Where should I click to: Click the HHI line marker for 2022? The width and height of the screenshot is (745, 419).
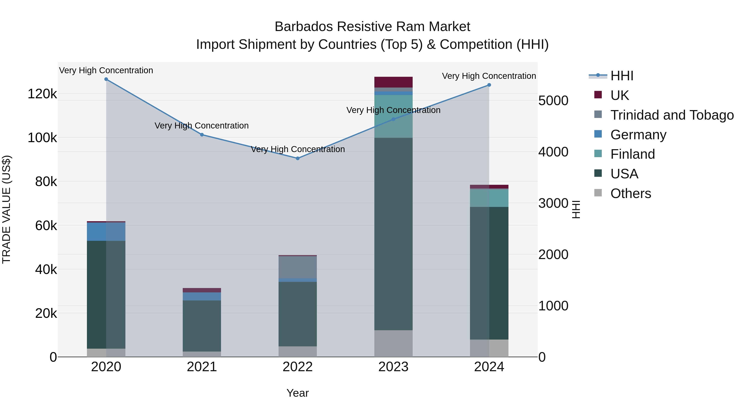298,158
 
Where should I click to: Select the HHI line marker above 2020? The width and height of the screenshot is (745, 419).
106,79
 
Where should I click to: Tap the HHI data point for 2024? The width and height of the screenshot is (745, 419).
489,85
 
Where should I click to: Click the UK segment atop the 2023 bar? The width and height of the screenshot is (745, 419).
393,82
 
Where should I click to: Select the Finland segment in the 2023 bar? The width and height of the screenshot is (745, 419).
393,116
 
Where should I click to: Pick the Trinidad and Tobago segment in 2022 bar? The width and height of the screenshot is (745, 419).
298,267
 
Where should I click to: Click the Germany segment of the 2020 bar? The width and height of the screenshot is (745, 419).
106,231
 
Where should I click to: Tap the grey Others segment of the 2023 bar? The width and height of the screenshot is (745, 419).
393,343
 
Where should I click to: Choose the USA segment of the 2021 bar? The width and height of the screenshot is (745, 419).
202,326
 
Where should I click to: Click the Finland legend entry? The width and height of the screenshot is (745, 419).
632,154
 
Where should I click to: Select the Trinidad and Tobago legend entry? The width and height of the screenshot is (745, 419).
672,115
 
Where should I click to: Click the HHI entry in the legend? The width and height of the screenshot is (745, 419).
622,76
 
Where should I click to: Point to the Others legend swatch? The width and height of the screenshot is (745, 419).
598,193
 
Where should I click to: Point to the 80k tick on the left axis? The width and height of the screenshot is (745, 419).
46,182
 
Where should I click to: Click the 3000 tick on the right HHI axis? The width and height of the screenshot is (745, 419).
553,203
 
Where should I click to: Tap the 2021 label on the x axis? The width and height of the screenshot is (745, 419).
202,367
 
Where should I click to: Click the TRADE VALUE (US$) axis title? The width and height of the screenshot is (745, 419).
6,209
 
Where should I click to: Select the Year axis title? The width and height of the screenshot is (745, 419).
298,393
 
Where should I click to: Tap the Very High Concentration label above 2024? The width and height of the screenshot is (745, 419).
489,76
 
